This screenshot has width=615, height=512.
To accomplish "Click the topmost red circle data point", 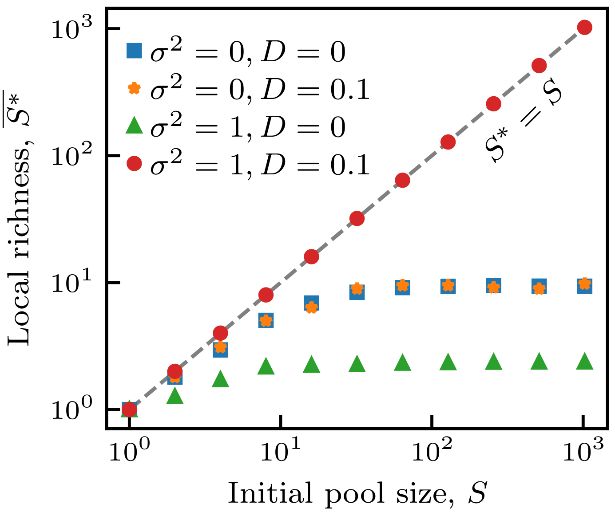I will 584,28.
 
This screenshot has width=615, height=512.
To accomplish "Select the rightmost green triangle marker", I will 584,362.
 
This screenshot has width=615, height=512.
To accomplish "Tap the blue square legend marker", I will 134,51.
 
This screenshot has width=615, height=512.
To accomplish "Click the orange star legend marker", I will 134,88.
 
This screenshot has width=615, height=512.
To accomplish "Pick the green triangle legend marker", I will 134,126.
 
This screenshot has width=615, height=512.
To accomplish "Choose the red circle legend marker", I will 134,164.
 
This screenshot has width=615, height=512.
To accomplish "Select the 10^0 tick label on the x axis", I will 129,453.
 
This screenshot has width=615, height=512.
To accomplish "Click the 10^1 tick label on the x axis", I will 280,453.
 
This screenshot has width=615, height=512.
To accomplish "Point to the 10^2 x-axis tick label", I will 432,453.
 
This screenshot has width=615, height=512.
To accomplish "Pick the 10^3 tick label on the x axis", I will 583,453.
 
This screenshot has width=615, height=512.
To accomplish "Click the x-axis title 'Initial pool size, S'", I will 357,492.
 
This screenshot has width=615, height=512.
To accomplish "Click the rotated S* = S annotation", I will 523,124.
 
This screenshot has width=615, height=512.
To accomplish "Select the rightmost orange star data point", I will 584,284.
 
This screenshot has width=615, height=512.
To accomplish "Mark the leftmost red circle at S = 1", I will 129,409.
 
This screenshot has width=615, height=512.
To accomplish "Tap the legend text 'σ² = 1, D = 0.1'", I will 260,165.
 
